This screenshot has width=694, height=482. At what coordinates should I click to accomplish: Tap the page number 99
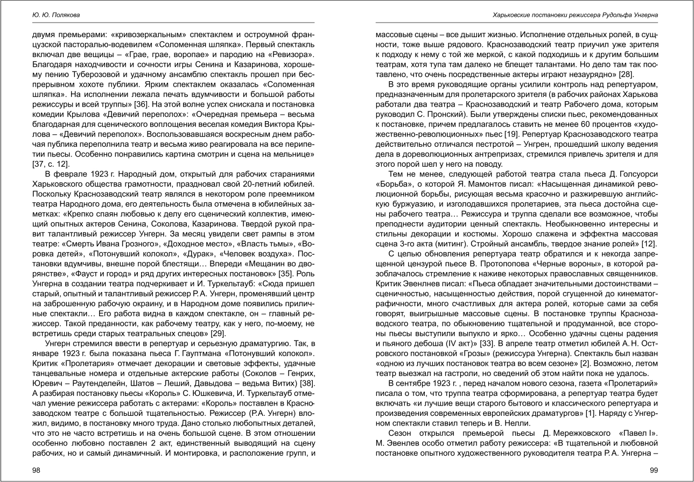point(654,471)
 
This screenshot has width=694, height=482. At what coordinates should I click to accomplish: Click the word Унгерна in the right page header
point(645,15)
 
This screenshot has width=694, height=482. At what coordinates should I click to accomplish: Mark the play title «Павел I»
point(640,433)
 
